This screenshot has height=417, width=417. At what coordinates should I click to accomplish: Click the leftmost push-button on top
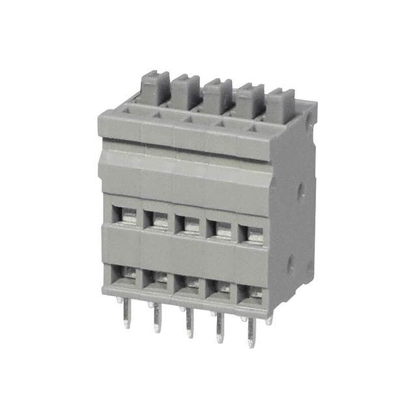pos(155,87)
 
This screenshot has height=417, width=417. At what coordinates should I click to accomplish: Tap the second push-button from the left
pos(186,91)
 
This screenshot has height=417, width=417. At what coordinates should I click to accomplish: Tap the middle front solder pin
pos(190,326)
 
